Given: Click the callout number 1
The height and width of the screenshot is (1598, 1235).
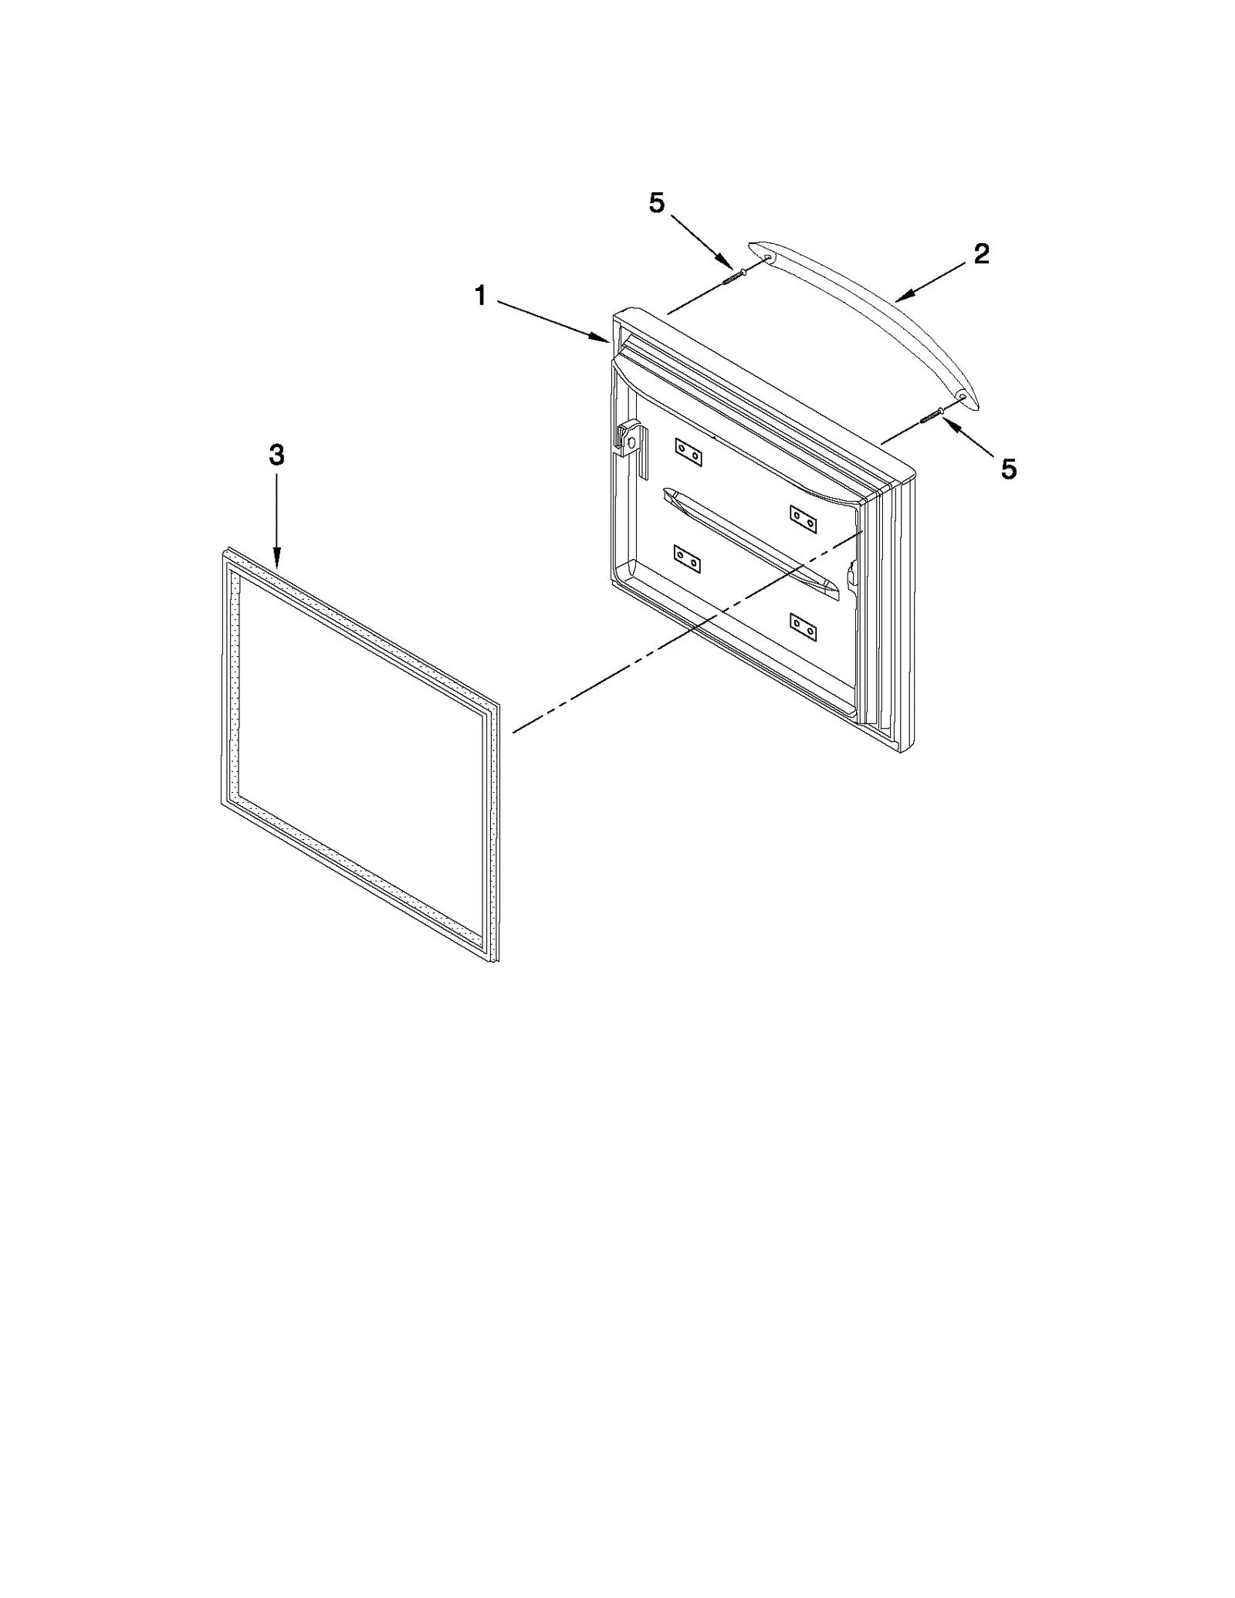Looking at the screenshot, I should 480,296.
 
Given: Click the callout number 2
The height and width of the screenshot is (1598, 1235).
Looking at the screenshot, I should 981,254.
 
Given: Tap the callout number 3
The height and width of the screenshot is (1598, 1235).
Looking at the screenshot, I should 276,455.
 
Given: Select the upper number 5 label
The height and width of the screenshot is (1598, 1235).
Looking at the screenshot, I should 656,203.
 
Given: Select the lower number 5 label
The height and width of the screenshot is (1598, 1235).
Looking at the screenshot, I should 1009,469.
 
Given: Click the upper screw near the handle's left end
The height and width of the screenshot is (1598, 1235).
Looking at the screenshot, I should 733,276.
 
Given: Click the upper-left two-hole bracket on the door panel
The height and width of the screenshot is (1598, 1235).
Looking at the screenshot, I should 688,452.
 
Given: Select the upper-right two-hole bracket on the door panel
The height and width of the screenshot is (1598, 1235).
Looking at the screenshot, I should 803,519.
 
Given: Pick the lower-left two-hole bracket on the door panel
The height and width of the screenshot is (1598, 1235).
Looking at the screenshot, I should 687,559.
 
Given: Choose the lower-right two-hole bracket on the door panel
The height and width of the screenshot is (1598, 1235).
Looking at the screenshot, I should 803,626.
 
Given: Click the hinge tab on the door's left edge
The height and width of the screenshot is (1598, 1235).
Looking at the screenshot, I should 629,440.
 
